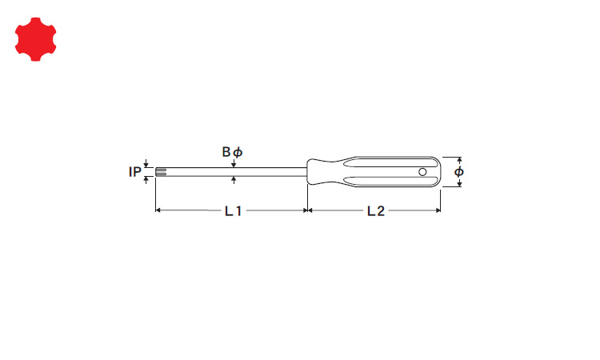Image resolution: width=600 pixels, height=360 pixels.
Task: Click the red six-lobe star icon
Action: pyautogui.click(x=35, y=39)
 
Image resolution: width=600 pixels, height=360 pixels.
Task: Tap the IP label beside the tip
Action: pyautogui.click(x=134, y=172)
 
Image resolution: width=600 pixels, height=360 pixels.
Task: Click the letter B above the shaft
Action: pyautogui.click(x=226, y=152)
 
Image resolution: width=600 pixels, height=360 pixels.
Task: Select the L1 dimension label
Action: pyautogui.click(x=233, y=210)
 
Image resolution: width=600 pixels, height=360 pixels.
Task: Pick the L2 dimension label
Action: pyautogui.click(x=376, y=210)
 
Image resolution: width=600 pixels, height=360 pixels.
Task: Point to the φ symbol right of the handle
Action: pyautogui.click(x=459, y=172)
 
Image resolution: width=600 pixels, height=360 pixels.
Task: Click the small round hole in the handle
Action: pyautogui.click(x=422, y=172)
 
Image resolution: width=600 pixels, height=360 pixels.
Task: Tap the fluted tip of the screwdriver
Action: pyautogui.click(x=161, y=172)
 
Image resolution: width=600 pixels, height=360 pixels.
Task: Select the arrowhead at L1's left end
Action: pyautogui.click(x=158, y=210)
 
